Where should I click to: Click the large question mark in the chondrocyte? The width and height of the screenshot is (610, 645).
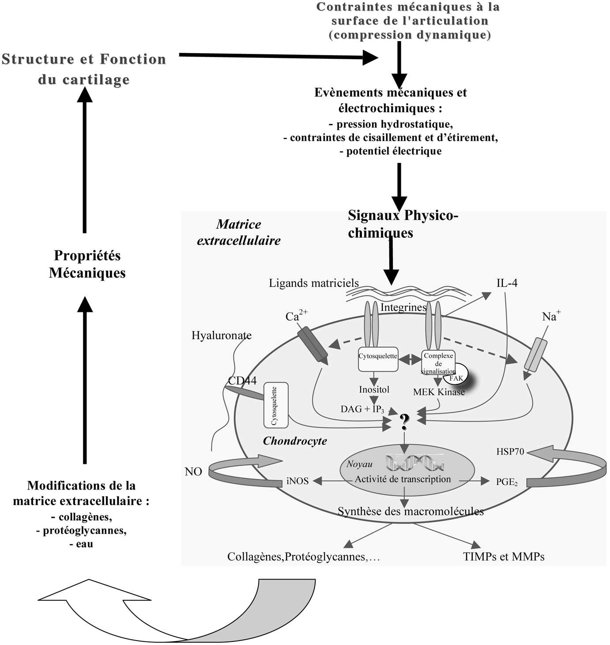404,422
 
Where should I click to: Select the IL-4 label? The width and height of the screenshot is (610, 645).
507,283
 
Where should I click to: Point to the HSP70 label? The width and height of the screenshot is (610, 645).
510,451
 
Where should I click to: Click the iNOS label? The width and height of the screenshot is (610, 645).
297,481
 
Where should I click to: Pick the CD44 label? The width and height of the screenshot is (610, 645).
242,380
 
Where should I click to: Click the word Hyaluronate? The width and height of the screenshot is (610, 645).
221,335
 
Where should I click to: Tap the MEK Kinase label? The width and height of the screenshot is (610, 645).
439,392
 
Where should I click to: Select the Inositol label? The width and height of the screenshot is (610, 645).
374,390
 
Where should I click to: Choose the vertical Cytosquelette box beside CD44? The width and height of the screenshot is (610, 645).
275,405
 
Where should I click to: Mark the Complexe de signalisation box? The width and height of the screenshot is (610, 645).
438,363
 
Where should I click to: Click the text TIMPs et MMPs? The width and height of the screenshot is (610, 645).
504,557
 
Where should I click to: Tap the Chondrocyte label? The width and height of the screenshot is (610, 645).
295,441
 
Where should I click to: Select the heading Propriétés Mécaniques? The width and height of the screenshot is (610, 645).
87,264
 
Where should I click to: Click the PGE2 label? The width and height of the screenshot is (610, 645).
506,482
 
